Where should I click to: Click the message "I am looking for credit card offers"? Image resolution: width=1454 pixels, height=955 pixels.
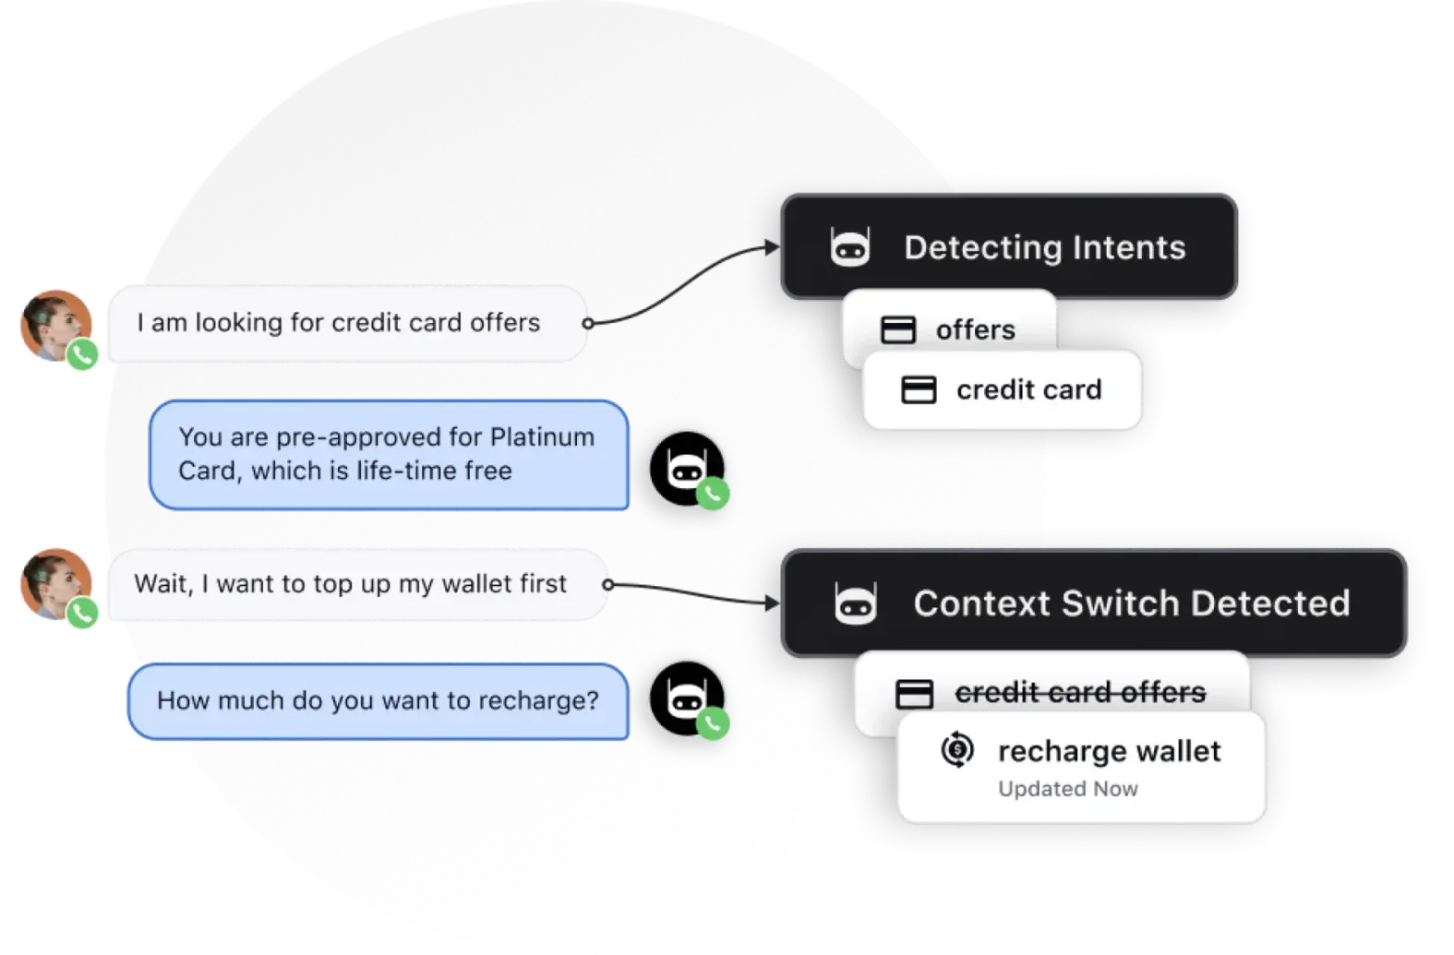pos(338,323)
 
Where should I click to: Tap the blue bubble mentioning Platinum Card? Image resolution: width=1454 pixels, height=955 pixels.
pos(388,454)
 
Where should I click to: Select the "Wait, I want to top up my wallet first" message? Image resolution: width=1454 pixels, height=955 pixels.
pos(351,584)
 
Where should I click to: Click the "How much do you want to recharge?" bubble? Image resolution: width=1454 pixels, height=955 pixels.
pos(378,701)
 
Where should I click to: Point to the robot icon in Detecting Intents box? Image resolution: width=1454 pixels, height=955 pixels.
pos(849,247)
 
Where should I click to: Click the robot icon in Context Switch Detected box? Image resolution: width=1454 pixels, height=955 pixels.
pos(855,603)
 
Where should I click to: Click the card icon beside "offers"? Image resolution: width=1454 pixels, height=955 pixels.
pos(897,330)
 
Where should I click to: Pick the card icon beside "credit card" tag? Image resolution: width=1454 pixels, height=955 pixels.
pos(918,390)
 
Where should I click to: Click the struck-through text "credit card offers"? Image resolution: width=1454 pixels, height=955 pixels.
pos(1080,692)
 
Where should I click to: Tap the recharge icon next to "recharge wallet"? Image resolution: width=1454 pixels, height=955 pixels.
pos(957,750)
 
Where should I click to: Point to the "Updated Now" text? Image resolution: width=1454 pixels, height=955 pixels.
pos(1068,789)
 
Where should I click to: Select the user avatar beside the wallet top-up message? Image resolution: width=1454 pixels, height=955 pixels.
pos(55,584)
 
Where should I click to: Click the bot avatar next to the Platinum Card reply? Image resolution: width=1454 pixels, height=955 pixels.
pos(686,467)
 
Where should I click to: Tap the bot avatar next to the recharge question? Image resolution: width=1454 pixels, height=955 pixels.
pos(686,698)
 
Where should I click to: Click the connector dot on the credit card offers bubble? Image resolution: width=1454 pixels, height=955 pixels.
pos(587,323)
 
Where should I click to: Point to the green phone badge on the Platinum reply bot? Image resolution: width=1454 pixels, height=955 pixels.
pos(713,494)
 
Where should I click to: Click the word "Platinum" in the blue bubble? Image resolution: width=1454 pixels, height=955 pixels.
pos(542,436)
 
